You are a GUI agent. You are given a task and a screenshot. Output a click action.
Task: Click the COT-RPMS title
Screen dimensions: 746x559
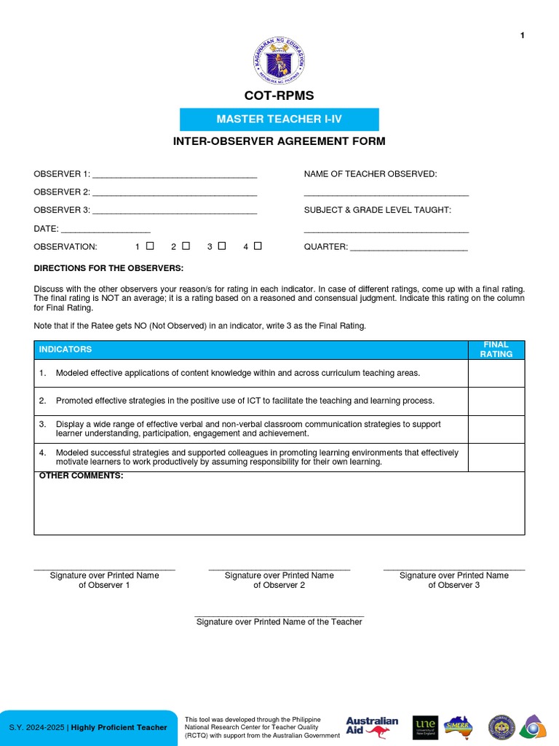pos(279,95)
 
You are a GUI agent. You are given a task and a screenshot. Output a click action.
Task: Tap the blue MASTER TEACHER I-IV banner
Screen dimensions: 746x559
pos(279,119)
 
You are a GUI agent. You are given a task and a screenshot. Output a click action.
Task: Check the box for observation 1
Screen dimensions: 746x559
pos(150,246)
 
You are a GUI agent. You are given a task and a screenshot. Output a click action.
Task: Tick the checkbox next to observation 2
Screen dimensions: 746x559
pos(186,246)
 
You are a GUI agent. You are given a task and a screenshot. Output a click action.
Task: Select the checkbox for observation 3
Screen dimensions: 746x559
pos(222,246)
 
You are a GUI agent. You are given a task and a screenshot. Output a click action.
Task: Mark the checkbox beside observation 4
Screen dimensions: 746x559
pos(258,246)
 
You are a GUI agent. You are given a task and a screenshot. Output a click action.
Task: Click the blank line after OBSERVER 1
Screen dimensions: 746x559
pos(175,176)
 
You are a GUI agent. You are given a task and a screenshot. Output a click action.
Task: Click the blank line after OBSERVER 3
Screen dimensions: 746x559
pos(175,212)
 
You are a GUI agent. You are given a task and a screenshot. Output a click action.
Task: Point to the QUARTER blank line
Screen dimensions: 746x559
pos(409,248)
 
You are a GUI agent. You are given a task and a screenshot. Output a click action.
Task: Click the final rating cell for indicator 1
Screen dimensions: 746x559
pos(496,373)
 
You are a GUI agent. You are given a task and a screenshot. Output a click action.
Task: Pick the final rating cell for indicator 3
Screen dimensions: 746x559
pos(496,429)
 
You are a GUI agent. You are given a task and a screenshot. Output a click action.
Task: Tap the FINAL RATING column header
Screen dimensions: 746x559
pos(496,350)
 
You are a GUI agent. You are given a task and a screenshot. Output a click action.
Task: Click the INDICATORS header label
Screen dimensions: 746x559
pos(66,350)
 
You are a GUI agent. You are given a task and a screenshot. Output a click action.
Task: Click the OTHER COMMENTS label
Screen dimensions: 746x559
pos(81,476)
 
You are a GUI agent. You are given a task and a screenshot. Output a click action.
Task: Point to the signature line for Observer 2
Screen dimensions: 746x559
pos(279,569)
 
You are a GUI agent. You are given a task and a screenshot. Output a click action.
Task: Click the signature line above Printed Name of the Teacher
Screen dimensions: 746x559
pos(279,616)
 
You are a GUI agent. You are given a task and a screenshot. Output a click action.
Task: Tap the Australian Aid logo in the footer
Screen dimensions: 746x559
pos(372,726)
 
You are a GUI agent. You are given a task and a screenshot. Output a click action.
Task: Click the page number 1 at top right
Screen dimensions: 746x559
pos(523,36)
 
